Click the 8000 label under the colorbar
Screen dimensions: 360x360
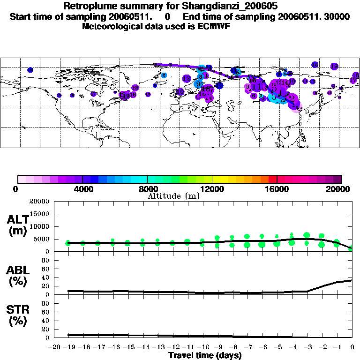tap(147, 189)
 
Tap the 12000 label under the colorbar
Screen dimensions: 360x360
tap(212, 189)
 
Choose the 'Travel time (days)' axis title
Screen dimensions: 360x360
tap(205, 355)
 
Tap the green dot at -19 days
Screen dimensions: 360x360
tap(68, 243)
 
